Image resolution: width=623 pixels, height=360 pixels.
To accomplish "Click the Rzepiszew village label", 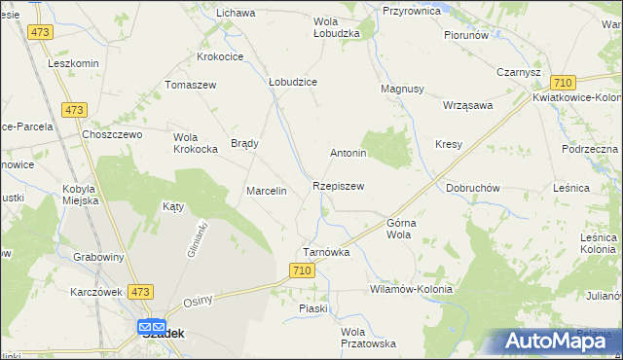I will coord(339,186).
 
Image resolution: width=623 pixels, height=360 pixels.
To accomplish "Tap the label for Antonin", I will coord(348,154).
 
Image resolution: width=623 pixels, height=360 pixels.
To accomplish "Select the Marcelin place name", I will coord(266,191).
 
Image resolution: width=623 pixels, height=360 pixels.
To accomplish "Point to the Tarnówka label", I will coord(326,252).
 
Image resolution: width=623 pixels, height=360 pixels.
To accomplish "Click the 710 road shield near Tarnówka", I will coord(302,270).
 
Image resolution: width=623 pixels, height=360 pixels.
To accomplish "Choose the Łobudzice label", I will coord(293,83).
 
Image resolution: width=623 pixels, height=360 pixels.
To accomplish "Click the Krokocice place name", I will coord(220,57).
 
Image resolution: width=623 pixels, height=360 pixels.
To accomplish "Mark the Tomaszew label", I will coord(191,85).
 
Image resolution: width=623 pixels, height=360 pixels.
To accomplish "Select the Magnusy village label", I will coord(402,89).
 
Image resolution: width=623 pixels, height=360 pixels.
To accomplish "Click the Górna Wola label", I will coord(401,229).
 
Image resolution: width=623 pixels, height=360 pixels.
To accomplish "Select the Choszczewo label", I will coord(113,134).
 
